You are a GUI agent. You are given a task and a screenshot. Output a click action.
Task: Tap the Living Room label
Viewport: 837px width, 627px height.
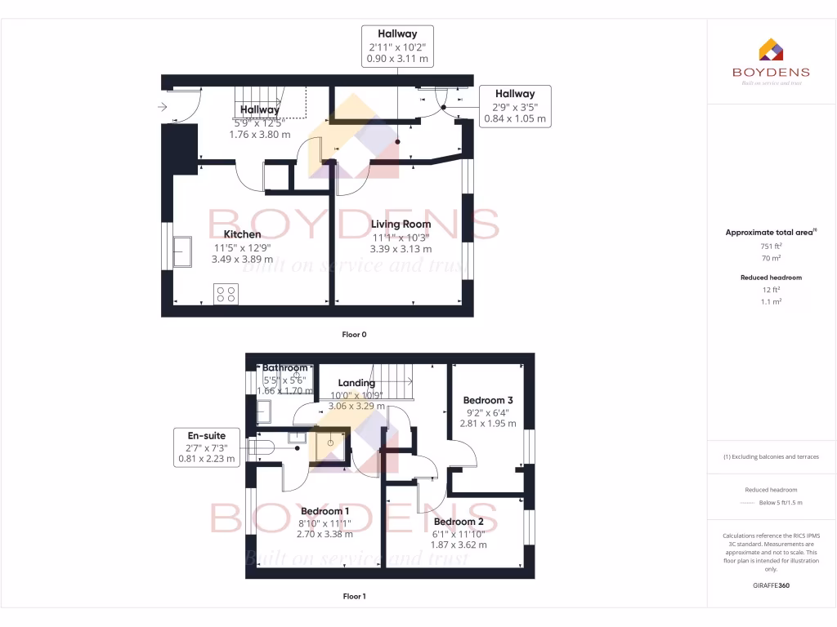click(401, 225)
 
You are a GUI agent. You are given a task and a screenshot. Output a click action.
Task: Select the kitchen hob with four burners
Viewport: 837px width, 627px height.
click(226, 294)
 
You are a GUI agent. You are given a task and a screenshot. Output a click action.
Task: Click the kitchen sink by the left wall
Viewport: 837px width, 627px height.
click(181, 252)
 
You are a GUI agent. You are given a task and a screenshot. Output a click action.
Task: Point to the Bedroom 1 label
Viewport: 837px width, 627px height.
click(325, 512)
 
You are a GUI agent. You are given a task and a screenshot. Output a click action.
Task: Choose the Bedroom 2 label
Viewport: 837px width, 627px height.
click(459, 522)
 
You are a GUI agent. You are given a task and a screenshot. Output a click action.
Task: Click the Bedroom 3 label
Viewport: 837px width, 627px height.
click(488, 401)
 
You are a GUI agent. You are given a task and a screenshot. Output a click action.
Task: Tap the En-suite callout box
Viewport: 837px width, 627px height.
click(207, 447)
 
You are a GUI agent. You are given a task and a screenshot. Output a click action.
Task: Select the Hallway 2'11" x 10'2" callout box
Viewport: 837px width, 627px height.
click(397, 47)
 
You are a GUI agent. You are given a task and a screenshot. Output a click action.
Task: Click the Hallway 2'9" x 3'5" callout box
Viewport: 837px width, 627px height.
click(514, 106)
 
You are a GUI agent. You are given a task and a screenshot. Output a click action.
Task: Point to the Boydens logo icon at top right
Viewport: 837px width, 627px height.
click(772, 50)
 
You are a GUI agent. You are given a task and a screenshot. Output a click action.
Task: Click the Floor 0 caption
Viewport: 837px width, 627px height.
click(355, 335)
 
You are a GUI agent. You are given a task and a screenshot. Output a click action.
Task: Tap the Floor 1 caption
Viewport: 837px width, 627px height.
click(355, 597)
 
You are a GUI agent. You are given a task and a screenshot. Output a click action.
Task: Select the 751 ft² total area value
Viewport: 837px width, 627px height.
click(772, 245)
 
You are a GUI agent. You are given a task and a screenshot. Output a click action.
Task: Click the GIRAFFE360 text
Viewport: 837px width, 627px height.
click(772, 585)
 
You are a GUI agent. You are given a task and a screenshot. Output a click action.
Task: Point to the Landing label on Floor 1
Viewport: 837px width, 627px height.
click(356, 383)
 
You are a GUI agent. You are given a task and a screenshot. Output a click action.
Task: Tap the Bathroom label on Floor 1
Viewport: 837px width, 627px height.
click(285, 368)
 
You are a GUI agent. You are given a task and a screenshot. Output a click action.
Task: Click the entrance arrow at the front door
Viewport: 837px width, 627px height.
click(162, 106)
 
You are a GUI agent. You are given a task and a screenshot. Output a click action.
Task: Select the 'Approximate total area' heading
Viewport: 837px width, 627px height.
click(770, 233)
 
